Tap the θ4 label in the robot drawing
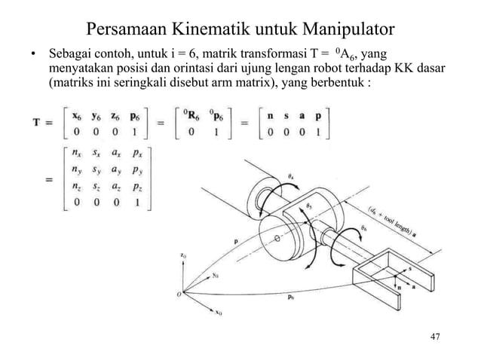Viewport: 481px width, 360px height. tap(293, 175)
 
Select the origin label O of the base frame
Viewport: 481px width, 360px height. tap(178, 294)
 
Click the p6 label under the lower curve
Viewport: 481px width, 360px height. tap(292, 297)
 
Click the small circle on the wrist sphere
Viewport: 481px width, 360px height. tap(277, 239)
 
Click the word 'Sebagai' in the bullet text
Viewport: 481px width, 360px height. tap(72, 56)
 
